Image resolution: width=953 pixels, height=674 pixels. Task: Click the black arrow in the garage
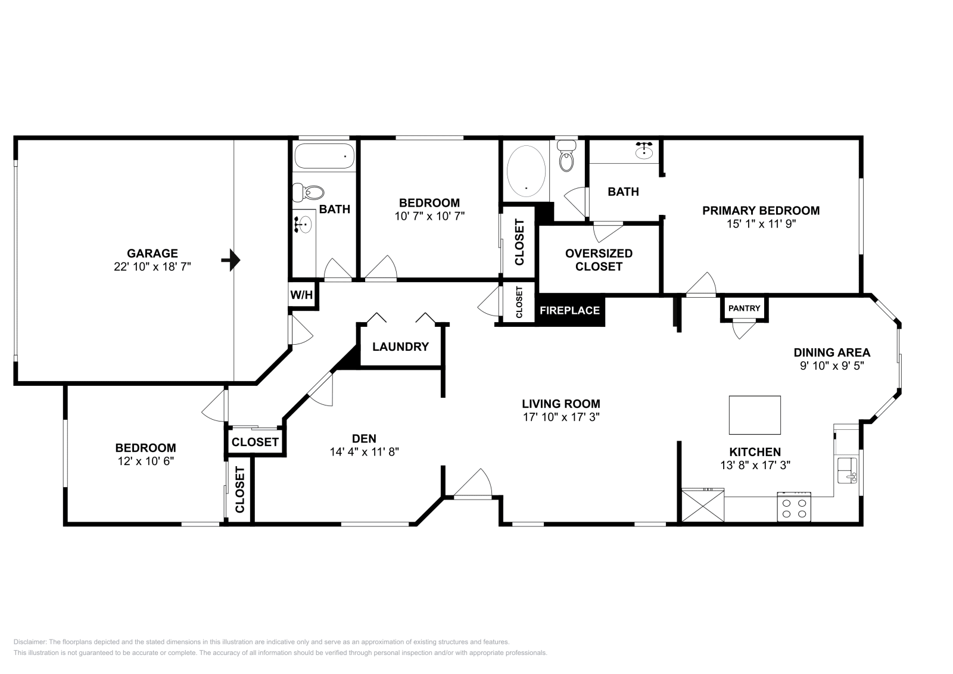231,260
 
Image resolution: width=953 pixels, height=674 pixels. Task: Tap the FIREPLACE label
569,310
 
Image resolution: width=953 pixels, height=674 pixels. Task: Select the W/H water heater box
301,295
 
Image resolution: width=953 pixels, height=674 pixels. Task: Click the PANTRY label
744,308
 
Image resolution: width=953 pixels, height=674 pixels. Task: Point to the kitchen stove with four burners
794,507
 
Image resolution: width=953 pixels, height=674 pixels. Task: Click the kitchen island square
755,415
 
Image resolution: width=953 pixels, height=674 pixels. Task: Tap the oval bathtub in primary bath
527,171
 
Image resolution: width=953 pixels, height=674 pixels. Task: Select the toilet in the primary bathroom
566,156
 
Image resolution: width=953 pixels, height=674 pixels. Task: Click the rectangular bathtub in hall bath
324,156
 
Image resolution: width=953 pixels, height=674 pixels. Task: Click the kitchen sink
848,470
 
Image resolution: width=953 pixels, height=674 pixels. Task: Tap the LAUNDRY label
400,347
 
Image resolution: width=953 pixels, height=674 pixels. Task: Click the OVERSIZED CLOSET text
599,260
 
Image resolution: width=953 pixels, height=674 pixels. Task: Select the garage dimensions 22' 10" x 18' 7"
152,267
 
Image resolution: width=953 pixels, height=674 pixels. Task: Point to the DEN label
364,438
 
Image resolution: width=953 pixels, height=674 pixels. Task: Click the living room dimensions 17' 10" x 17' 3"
561,417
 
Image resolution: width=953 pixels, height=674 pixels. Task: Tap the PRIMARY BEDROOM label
761,211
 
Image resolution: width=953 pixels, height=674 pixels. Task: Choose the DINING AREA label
831,352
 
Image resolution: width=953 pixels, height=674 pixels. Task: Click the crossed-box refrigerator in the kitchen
703,505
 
